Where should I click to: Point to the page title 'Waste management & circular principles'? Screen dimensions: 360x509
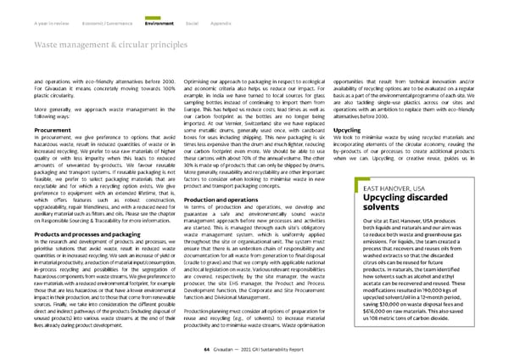click(98, 32)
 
